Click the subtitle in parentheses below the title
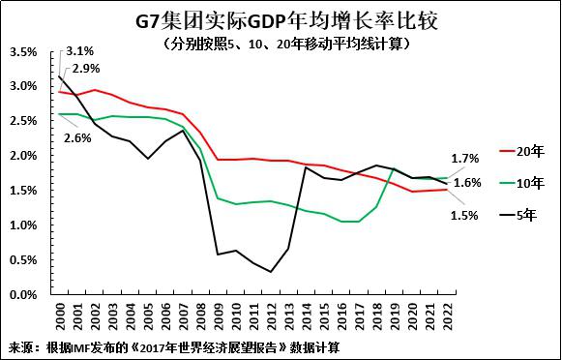[281, 44]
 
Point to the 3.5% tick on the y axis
[23, 52]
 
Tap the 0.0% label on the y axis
[23, 295]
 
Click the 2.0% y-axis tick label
[23, 156]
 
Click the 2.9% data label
[86, 69]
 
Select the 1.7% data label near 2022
[465, 158]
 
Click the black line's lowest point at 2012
[270, 272]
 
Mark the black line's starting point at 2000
[61, 76]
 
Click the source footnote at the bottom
[174, 346]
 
